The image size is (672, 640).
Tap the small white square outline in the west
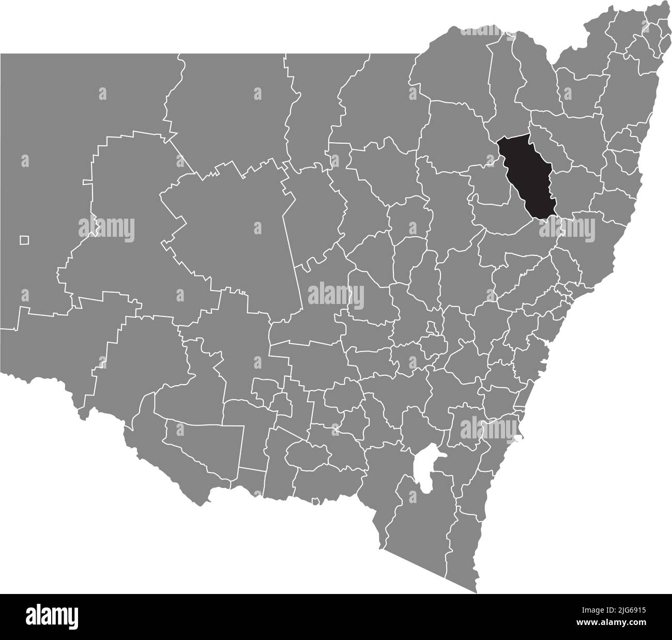(24, 240)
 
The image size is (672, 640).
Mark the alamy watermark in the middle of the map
(336, 295)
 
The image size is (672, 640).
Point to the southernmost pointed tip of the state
(476, 592)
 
